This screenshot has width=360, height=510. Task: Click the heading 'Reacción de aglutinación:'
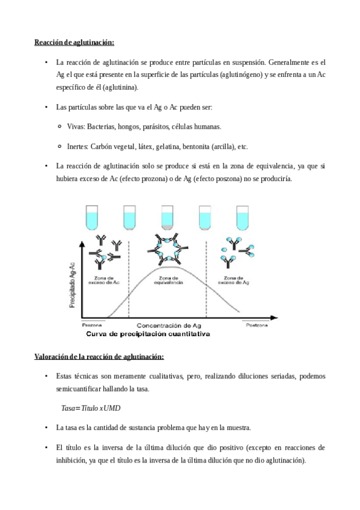click(74, 42)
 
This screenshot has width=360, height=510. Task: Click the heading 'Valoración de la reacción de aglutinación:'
click(99, 357)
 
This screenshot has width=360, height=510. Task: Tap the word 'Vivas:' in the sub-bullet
click(76, 127)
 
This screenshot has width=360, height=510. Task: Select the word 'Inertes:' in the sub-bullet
click(78, 146)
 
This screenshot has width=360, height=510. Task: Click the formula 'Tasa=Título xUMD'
click(91, 408)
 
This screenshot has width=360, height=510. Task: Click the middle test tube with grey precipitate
click(168, 218)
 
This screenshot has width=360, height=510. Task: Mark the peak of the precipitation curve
click(172, 266)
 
